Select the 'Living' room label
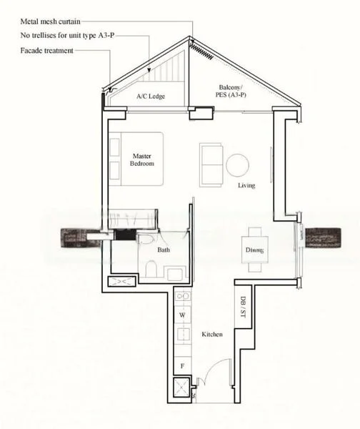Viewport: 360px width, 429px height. [247, 185]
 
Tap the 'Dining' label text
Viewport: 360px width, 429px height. [254, 250]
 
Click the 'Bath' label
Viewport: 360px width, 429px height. [163, 250]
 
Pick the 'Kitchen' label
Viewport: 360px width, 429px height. [212, 335]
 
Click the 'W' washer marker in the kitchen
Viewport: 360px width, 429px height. [182, 315]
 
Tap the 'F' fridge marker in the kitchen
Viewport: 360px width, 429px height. [182, 365]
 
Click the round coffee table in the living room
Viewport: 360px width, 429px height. [237, 165]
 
